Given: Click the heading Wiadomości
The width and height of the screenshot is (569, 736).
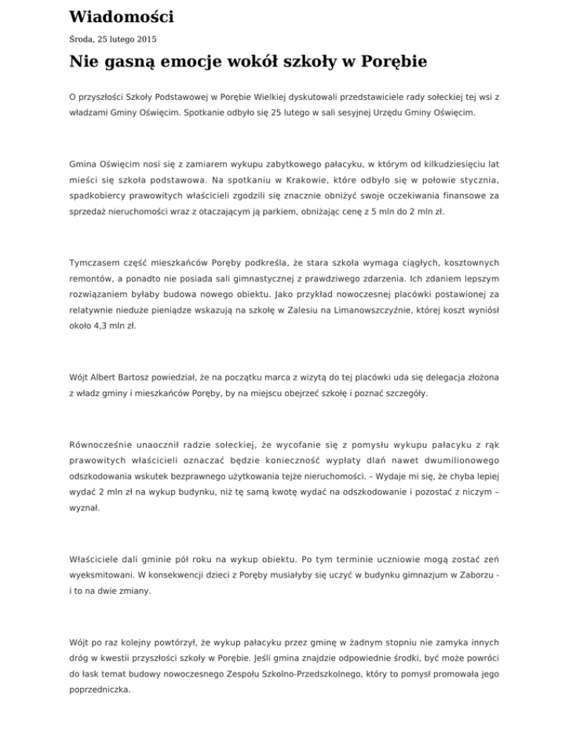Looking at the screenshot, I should point(122,16).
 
